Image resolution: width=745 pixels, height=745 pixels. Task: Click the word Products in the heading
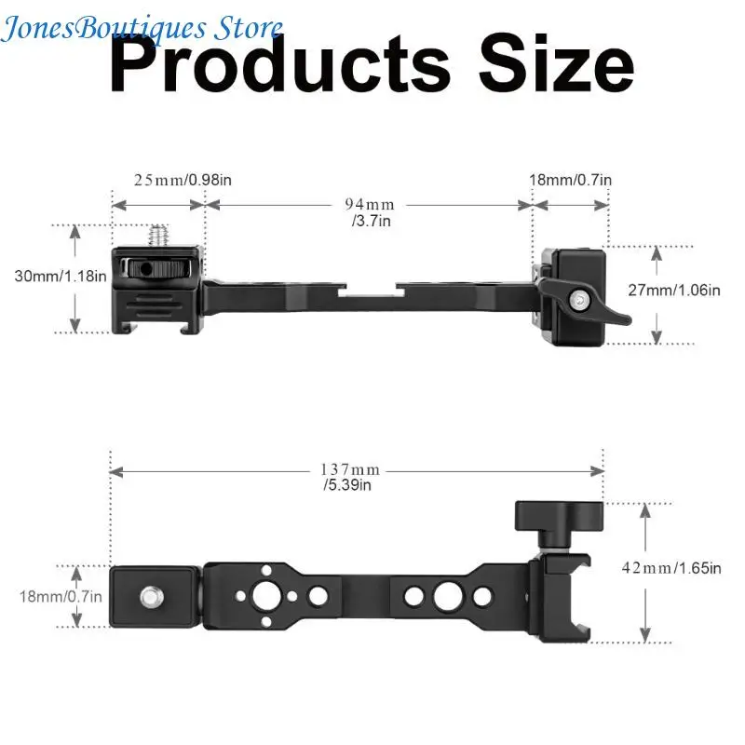pyautogui.click(x=279, y=63)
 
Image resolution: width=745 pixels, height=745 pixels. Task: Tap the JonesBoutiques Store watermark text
pyautogui.click(x=142, y=29)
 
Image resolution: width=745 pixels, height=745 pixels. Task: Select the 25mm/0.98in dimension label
pyautogui.click(x=183, y=180)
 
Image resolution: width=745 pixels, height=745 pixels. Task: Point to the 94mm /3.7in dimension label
pyautogui.click(x=370, y=212)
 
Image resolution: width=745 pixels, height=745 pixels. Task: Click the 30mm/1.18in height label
pyautogui.click(x=61, y=276)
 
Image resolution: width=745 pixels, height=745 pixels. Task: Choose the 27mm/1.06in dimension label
pyautogui.click(x=673, y=290)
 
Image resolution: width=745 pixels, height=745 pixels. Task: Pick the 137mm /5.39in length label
pyautogui.click(x=350, y=477)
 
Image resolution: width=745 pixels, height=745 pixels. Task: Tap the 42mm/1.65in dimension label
pyautogui.click(x=671, y=568)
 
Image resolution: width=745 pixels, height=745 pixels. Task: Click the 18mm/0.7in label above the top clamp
pyautogui.click(x=570, y=180)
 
